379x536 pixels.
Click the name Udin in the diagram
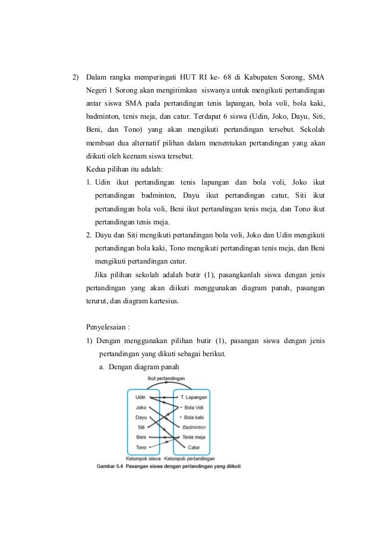pyautogui.click(x=141, y=397)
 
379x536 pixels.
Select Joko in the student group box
pyautogui.click(x=141, y=407)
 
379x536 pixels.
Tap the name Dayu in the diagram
pyautogui.click(x=141, y=417)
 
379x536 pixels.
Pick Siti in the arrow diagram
pyautogui.click(x=141, y=427)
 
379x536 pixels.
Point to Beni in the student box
pyautogui.click(x=141, y=437)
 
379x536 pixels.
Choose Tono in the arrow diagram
pyautogui.click(x=141, y=447)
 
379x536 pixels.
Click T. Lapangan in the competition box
pyautogui.click(x=193, y=397)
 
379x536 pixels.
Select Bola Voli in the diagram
pyautogui.click(x=194, y=407)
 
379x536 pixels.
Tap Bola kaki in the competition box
pyautogui.click(x=194, y=417)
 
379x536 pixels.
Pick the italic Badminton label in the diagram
pyautogui.click(x=194, y=427)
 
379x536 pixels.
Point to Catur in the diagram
pyautogui.click(x=194, y=447)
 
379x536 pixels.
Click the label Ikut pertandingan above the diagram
pyautogui.click(x=166, y=378)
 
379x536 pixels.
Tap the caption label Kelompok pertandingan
pyautogui.click(x=189, y=458)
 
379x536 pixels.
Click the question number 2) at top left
pyautogui.click(x=75, y=77)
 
